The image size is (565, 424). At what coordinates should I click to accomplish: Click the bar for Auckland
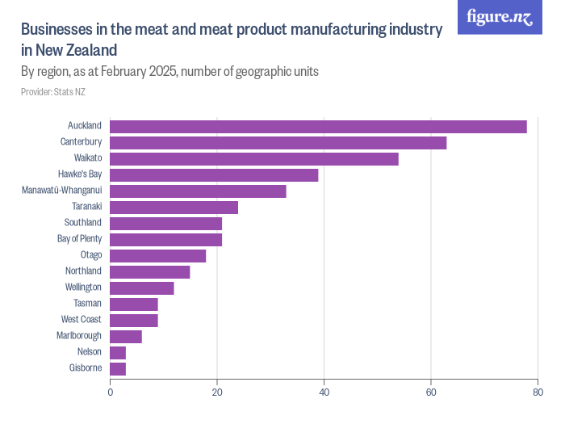click(318, 126)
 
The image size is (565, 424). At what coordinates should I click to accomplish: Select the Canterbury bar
click(278, 142)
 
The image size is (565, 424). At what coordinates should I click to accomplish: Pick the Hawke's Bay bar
click(214, 174)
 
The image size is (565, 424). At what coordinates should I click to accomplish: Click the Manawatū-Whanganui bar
click(198, 191)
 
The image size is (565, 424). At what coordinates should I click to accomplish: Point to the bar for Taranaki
click(174, 207)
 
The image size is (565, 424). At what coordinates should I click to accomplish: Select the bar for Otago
click(157, 255)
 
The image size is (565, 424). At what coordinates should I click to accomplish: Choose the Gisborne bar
click(118, 369)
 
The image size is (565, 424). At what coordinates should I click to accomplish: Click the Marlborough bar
click(126, 336)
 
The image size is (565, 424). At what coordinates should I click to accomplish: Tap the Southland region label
click(82, 223)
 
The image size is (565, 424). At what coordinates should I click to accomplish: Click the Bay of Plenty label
click(79, 239)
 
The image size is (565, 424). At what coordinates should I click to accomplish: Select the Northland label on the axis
click(83, 271)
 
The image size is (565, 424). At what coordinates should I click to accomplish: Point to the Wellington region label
click(83, 288)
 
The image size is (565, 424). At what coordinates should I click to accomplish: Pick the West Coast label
click(81, 320)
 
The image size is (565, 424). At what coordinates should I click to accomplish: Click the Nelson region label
click(89, 352)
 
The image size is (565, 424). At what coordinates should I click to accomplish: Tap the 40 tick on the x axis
click(324, 393)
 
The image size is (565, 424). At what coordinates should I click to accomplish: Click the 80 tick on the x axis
click(538, 393)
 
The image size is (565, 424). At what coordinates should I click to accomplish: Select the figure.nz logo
click(500, 17)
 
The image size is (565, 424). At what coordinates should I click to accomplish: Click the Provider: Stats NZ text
click(53, 92)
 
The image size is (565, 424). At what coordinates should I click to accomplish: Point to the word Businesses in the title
click(54, 30)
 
